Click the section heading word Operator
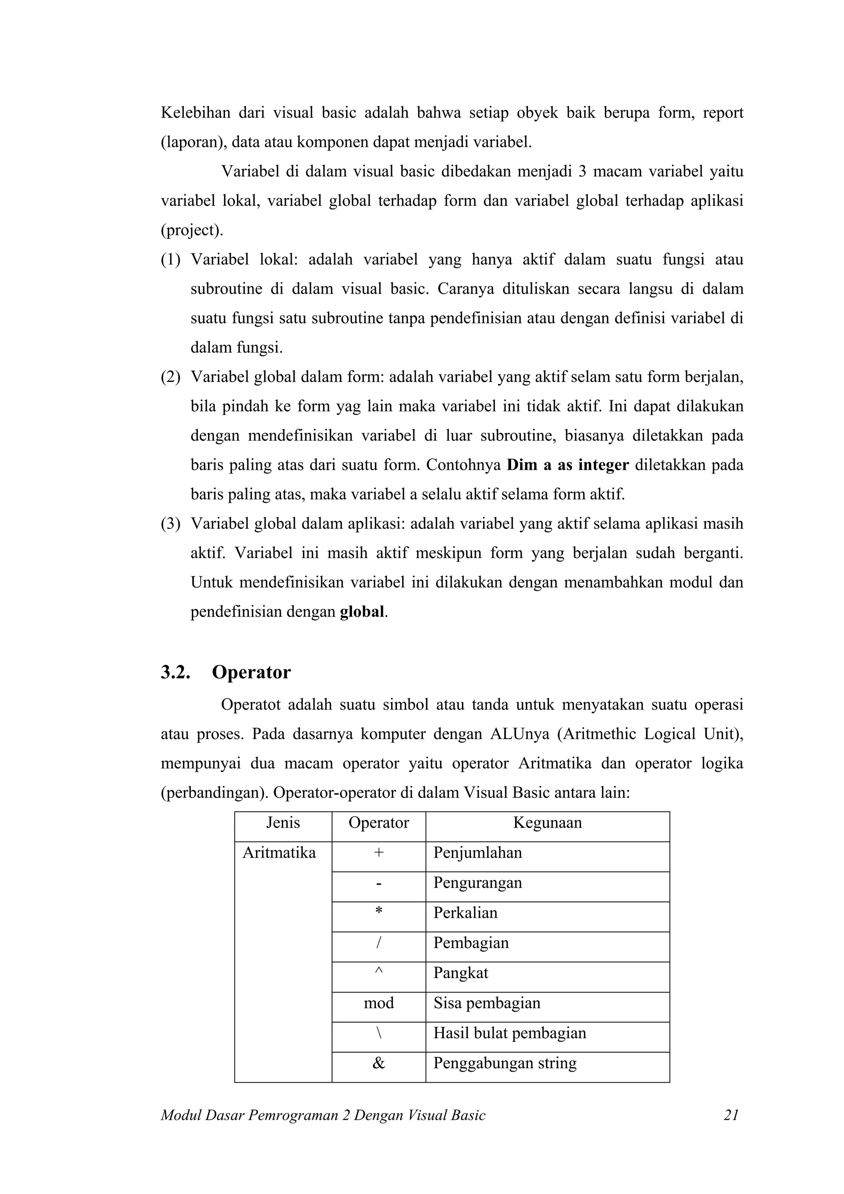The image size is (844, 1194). pos(251,672)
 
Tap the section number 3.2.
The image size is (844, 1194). pos(175,672)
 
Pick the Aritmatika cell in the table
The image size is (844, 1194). pos(279,853)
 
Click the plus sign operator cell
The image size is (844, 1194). pos(379,853)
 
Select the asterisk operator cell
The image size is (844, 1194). pos(379,913)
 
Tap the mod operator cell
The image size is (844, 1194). pos(379,1003)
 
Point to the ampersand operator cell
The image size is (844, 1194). pos(379,1063)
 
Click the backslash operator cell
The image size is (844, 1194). pos(379,1033)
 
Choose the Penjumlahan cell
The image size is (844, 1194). pos(477,853)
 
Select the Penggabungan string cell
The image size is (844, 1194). pos(505,1063)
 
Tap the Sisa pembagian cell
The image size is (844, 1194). pos(487,1003)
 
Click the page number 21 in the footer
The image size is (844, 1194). pos(731,1115)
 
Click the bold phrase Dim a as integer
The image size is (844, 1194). pos(567,464)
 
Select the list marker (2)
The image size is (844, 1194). pos(171,377)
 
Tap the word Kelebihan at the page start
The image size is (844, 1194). pos(195,113)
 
